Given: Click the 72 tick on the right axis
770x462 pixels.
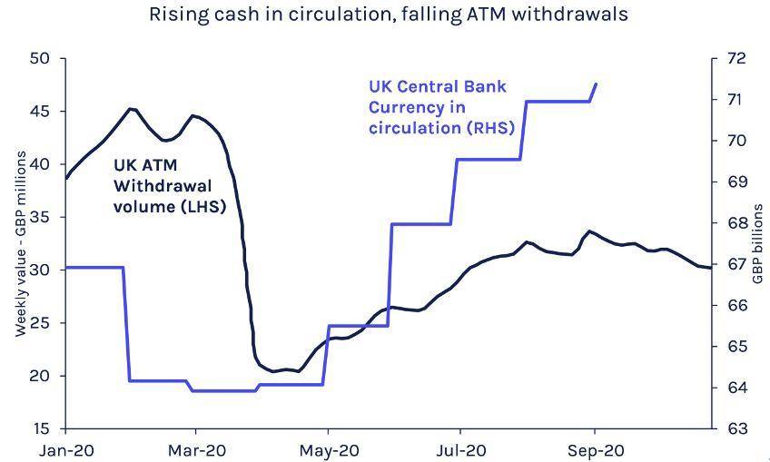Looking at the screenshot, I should point(735,59).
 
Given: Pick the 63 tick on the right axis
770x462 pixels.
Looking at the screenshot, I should point(735,428).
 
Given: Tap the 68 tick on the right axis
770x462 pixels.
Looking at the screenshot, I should point(735,223).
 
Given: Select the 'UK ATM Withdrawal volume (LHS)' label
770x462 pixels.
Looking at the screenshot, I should point(169,186).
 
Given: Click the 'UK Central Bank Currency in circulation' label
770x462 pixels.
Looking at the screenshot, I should point(441,107).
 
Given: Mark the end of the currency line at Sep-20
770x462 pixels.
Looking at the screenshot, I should point(597,84).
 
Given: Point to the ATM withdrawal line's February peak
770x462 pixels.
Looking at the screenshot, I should point(132,109).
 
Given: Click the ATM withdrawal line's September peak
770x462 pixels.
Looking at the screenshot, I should point(589,231).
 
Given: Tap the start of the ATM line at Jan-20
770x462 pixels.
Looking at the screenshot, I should point(65,178).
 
